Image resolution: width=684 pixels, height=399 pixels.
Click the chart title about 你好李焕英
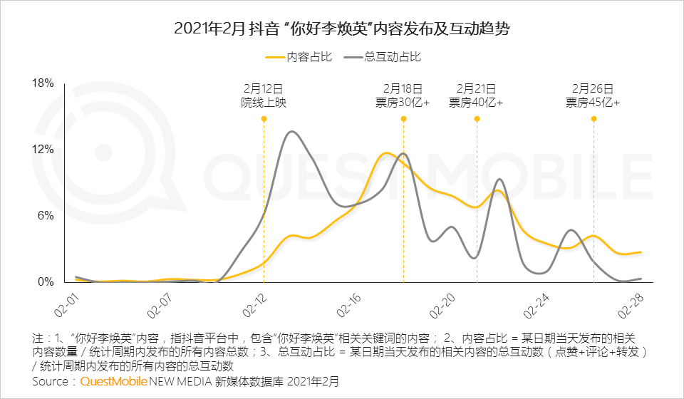coord(341,28)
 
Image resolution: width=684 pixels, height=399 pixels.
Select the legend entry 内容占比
coord(299,57)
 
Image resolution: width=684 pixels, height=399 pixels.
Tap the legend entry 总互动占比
coord(383,57)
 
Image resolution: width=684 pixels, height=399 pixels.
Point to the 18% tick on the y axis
coord(43,83)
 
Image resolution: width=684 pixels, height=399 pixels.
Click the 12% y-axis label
coord(43,149)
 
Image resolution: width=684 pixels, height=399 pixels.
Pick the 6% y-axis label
coord(46,215)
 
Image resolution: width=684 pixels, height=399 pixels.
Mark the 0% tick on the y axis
coord(46,281)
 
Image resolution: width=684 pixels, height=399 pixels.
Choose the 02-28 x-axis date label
coord(631,305)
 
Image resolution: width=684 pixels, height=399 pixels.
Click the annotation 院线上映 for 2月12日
coord(264,103)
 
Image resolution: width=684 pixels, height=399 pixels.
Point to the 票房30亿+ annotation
coord(403,103)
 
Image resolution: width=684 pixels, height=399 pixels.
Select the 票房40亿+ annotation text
coord(476,103)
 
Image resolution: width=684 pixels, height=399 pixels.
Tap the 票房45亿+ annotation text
coord(593,103)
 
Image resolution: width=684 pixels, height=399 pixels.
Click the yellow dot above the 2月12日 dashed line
coord(264,119)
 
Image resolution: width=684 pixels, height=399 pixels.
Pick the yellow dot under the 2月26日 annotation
coord(594,119)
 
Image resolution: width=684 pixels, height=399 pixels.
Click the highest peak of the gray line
coord(291,132)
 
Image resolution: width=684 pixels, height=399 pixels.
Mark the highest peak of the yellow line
coord(385,153)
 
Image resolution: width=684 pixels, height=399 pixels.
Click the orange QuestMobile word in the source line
coord(114,382)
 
